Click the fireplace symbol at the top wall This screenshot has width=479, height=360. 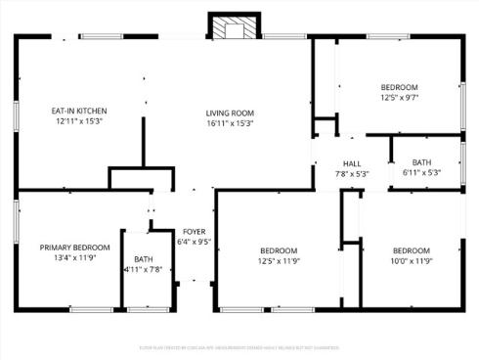click(232, 28)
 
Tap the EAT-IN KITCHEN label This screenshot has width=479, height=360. click(79, 111)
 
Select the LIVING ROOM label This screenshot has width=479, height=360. click(230, 111)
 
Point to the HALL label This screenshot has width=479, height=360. click(352, 163)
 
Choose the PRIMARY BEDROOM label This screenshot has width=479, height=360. click(74, 248)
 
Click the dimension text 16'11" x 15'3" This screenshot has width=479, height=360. click(230, 123)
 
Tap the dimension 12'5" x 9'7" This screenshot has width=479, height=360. click(399, 98)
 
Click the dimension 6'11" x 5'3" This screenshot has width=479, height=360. click(421, 172)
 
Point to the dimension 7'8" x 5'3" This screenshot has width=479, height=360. click(352, 174)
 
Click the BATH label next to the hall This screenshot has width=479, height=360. click(421, 162)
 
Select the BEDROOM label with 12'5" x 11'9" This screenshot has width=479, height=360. click(278, 250)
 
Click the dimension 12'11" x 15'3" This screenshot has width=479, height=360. click(79, 122)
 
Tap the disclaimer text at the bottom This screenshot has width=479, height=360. click(239, 347)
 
